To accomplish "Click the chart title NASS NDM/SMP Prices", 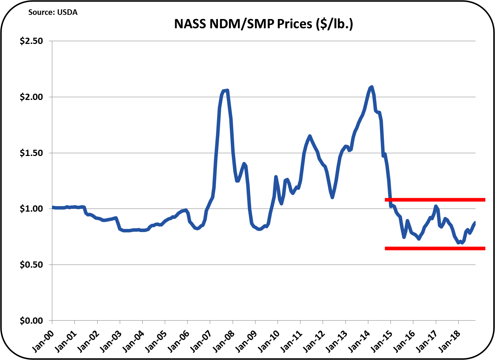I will coord(263,24).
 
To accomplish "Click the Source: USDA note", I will coord(53,12).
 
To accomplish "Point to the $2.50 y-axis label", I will coord(31,41).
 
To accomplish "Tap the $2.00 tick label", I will coord(31,97).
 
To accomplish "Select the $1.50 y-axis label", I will coord(31,153).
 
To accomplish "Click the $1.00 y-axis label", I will coord(31,209).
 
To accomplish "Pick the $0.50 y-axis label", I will coord(31,265).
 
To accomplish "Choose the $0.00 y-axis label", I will coord(31,321).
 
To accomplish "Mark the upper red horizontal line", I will coord(435,200).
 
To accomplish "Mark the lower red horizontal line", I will coord(435,248).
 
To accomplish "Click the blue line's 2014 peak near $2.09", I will coord(371,87).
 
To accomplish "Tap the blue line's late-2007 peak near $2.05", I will coord(227,90).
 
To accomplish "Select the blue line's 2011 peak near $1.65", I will coord(310,136).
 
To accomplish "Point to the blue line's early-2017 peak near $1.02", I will coord(436,206).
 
